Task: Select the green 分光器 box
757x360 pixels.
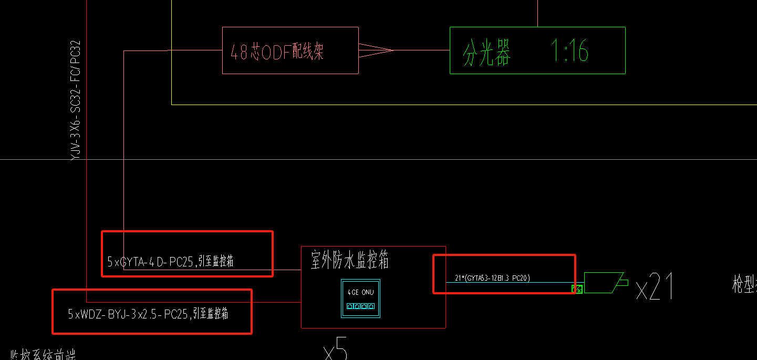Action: (x=537, y=50)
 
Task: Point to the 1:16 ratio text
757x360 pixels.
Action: (x=569, y=51)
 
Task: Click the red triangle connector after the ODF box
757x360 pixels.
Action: (x=375, y=50)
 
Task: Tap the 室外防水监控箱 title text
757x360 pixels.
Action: (x=349, y=260)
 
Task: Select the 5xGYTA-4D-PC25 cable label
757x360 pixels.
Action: (x=170, y=262)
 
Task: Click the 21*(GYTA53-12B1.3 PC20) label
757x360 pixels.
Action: (x=492, y=278)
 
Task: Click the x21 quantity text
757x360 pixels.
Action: (x=654, y=287)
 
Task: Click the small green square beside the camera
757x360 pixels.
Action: (x=577, y=289)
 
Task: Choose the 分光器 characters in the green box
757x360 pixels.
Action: (x=486, y=53)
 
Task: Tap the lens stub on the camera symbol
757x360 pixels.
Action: (x=623, y=282)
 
